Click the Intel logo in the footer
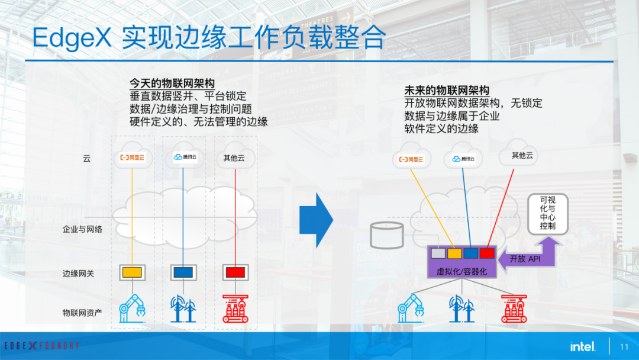point(583,346)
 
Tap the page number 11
point(624,347)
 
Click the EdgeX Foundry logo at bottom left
point(42,346)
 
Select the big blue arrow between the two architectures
point(316,220)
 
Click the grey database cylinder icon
point(387,236)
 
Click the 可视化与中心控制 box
point(548,214)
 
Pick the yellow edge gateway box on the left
point(132,272)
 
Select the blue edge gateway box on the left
point(183,272)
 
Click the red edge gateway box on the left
point(235,272)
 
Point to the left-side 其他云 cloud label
point(234,157)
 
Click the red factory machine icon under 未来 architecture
point(514,308)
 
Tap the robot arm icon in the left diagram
point(132,308)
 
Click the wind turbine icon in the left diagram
point(183,308)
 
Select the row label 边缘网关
point(78,274)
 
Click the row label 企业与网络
point(82,229)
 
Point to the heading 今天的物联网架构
point(172,83)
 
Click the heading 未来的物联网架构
point(447,90)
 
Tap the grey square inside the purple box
point(438,253)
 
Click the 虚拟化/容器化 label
point(461,272)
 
